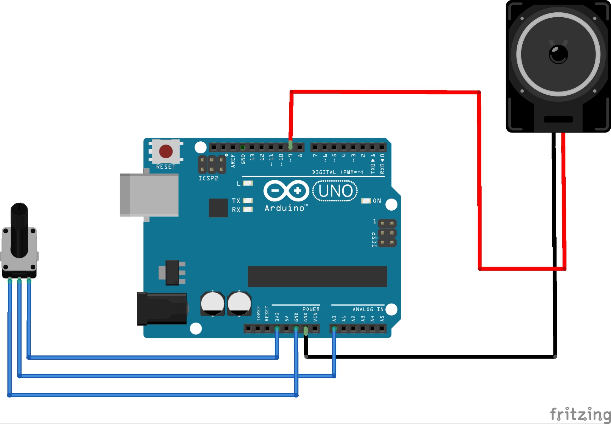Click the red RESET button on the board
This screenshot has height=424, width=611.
tap(166, 151)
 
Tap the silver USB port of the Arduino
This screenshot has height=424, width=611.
tap(149, 195)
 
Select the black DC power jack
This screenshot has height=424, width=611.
tap(162, 308)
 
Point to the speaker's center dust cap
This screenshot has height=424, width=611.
tap(558, 54)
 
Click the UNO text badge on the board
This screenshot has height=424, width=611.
tap(335, 191)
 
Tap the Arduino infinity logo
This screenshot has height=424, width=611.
tap(286, 191)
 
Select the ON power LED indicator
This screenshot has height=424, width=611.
tap(366, 201)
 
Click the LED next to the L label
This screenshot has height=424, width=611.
tap(248, 183)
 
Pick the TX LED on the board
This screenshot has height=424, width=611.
tap(248, 201)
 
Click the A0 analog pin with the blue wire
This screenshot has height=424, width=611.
tap(334, 329)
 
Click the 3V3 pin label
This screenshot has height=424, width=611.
tap(277, 317)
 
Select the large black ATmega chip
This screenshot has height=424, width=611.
tap(317, 276)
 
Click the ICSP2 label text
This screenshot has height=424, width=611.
tap(208, 178)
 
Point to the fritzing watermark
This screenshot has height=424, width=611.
tap(580, 414)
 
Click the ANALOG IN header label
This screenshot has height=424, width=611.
tap(368, 309)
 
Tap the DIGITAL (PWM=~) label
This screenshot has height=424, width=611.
tap(338, 172)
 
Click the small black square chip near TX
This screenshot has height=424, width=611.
tap(218, 208)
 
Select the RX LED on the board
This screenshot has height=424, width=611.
tap(248, 210)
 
